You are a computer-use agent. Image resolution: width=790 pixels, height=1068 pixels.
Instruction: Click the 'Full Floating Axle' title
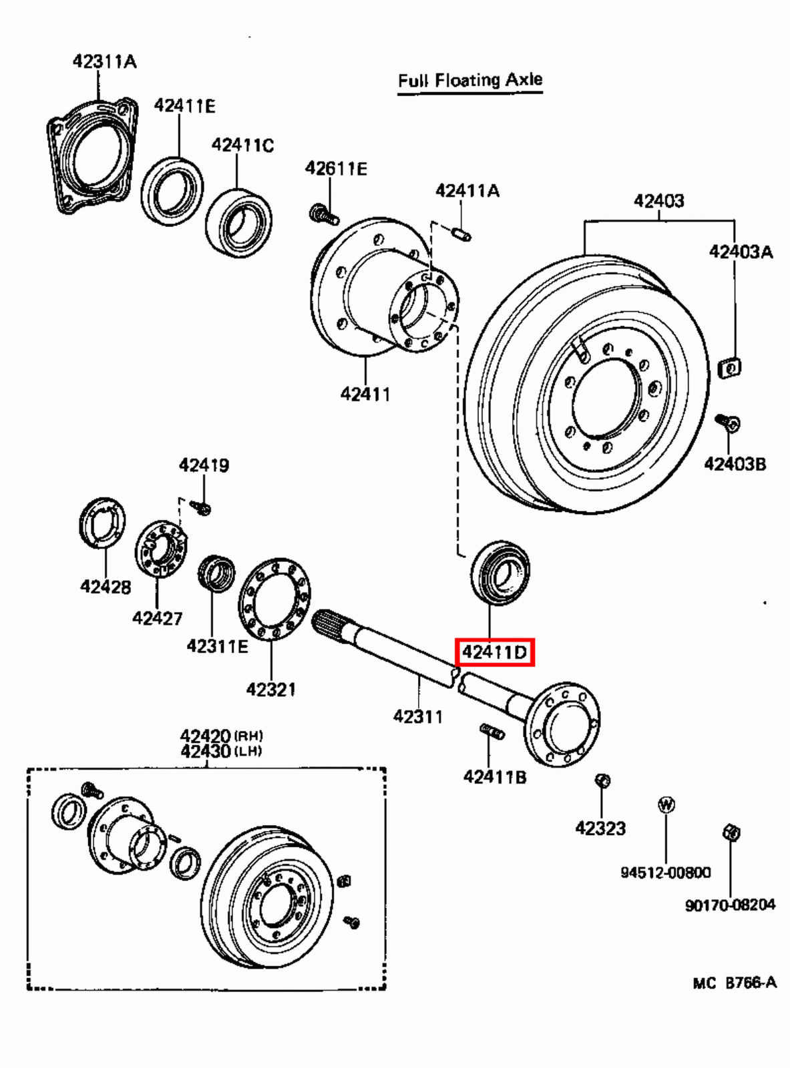coord(469,81)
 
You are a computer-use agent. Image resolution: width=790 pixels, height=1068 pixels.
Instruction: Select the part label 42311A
coord(104,61)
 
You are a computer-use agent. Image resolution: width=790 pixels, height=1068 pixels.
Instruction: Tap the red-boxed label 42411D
coord(494,651)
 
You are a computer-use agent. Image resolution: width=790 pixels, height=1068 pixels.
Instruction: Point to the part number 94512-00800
coord(665,872)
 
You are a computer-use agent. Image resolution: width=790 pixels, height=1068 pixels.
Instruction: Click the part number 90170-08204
coord(730,905)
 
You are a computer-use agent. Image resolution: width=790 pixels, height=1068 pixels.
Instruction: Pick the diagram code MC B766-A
coord(734,983)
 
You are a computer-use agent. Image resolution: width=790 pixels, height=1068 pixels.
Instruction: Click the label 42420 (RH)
coord(220,736)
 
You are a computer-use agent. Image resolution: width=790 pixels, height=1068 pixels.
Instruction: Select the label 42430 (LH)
coord(220,751)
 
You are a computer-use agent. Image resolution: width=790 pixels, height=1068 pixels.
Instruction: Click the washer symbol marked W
coord(666,804)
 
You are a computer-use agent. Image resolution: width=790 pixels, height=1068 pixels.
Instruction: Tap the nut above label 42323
coord(602,780)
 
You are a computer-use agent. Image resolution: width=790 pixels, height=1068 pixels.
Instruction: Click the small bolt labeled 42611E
coord(323,214)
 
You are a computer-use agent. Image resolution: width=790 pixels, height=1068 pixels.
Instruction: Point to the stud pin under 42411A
coord(461,234)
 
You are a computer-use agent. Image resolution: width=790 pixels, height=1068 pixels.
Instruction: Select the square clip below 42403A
coord(730,366)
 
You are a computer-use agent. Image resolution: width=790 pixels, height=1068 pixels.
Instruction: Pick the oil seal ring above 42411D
coord(500,573)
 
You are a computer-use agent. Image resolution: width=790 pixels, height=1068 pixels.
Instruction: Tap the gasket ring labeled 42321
coord(274,599)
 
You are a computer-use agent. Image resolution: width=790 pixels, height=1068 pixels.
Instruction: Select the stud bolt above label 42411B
coord(492,732)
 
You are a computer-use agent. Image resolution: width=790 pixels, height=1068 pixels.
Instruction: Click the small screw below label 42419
coord(201,508)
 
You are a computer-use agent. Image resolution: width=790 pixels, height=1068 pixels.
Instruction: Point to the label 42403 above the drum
coord(658,200)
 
